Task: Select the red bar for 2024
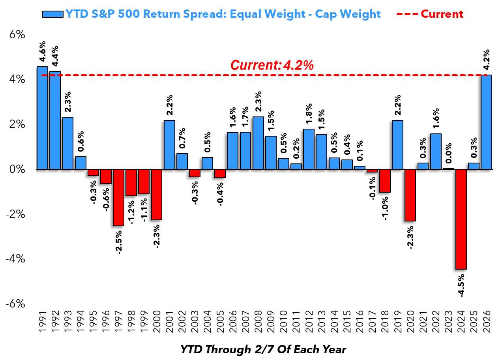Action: (461, 219)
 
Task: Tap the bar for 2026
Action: (486, 122)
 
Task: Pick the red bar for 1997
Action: (118, 197)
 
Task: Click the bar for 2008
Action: (258, 143)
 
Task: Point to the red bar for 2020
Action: (410, 195)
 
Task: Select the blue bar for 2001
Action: (169, 144)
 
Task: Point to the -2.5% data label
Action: (119, 240)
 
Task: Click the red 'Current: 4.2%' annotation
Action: (272, 65)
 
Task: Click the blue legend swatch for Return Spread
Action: (52, 14)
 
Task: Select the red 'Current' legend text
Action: (442, 14)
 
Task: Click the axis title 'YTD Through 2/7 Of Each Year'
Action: (263, 350)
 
